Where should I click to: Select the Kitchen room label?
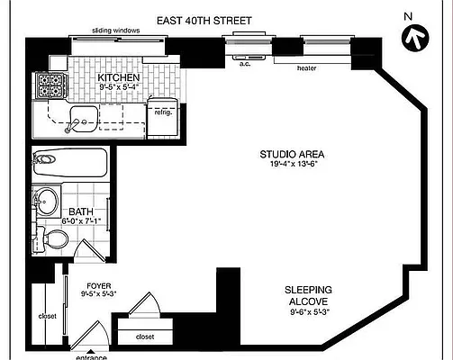coord(119,78)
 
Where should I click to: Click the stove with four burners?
coord(50,85)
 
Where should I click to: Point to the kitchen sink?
coord(86,117)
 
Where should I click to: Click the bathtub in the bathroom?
coord(69,165)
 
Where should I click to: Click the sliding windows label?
coord(115,31)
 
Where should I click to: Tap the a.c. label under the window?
coord(244,64)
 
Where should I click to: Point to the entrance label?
coord(90,356)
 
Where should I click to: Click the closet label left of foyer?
coord(47,317)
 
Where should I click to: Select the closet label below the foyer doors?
coord(143,337)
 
